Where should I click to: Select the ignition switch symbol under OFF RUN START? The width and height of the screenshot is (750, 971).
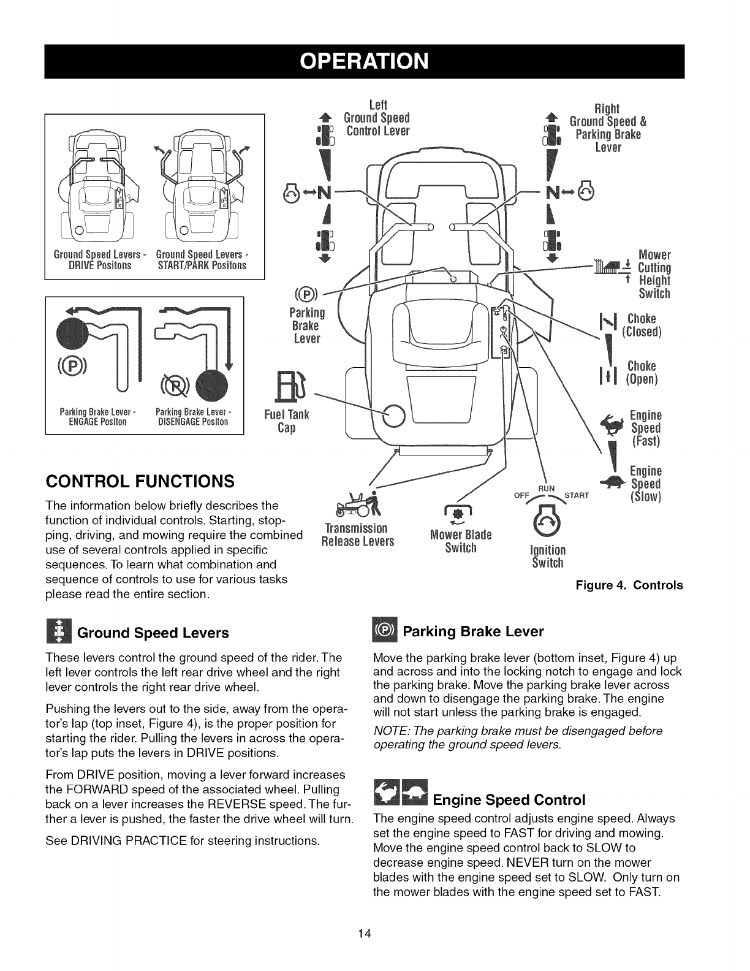click(x=545, y=520)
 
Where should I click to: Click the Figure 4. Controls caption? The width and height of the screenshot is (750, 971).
click(x=629, y=585)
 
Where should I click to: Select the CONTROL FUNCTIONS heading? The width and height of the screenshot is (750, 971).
click(x=140, y=481)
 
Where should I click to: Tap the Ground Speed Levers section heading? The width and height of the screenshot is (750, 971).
click(x=153, y=633)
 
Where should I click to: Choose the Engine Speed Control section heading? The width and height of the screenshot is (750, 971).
click(x=509, y=800)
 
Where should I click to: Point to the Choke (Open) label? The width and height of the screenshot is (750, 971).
click(x=641, y=373)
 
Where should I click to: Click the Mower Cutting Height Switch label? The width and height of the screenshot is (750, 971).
click(x=654, y=274)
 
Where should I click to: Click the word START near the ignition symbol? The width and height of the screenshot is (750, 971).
click(x=577, y=495)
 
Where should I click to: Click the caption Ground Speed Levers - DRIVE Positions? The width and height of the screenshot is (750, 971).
click(x=93, y=260)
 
